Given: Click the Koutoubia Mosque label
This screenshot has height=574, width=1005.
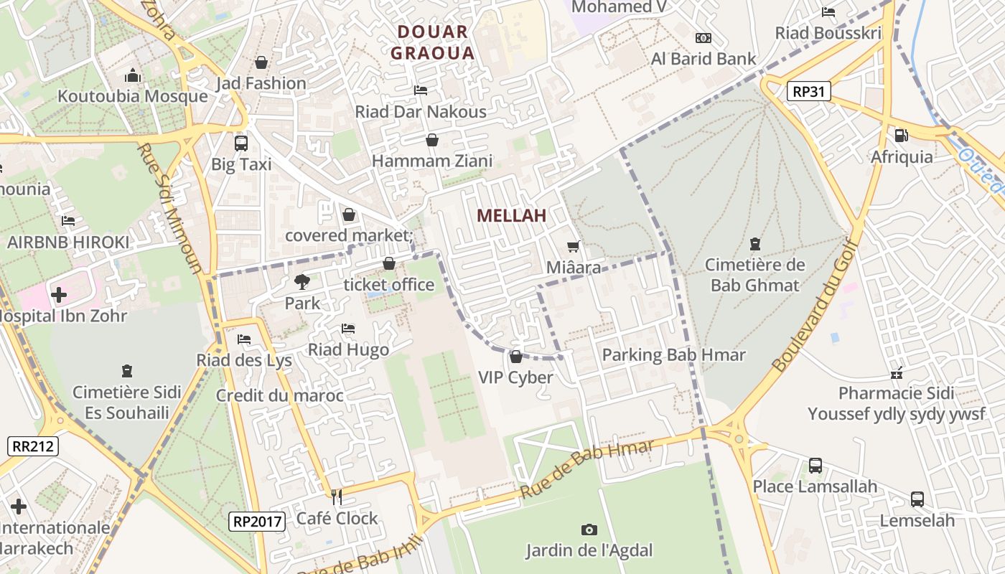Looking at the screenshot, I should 132,96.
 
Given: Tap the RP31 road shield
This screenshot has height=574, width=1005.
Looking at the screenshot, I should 808,91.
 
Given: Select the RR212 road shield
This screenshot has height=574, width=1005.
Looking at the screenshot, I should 33,446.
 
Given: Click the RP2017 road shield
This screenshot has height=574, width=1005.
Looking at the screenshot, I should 258,522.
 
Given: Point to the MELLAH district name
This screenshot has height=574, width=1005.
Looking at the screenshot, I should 511,215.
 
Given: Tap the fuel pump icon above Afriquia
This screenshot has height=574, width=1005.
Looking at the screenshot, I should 901,135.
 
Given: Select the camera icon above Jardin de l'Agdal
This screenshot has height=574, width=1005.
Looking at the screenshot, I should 589,530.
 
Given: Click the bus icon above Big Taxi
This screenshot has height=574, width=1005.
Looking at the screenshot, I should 240,143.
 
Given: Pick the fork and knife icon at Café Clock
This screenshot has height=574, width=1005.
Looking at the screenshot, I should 336,497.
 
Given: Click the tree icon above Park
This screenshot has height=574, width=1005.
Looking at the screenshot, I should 302,282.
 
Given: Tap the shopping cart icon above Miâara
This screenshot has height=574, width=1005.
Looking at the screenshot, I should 573,247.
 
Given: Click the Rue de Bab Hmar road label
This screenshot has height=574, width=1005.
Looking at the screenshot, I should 586,471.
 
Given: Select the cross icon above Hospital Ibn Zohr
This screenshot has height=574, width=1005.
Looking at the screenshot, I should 59,294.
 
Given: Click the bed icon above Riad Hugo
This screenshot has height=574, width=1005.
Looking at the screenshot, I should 348,329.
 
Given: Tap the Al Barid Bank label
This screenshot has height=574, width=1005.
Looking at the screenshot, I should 703,59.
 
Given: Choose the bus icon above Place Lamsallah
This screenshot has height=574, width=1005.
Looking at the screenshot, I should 815,465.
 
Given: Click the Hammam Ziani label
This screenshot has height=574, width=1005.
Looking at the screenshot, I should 432,161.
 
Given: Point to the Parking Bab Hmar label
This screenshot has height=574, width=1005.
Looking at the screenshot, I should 673,354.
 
